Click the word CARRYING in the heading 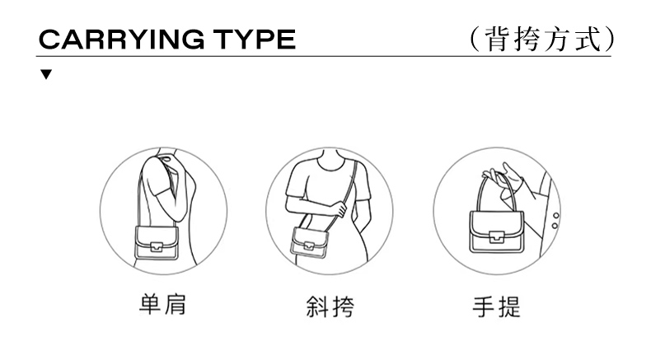pos(122,40)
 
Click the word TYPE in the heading pos(255,40)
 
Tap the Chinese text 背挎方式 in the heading pos(544,40)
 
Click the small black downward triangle pos(46,74)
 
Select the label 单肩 pos(163,304)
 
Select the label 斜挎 pos(330,306)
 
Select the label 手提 pos(497,306)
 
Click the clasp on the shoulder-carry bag pos(156,246)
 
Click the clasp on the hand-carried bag pos(496,237)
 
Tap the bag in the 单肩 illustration pos(157,243)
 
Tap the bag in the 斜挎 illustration pos(309,241)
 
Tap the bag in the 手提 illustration pos(497,231)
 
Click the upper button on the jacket pos(556,216)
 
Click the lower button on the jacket pos(555,226)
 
